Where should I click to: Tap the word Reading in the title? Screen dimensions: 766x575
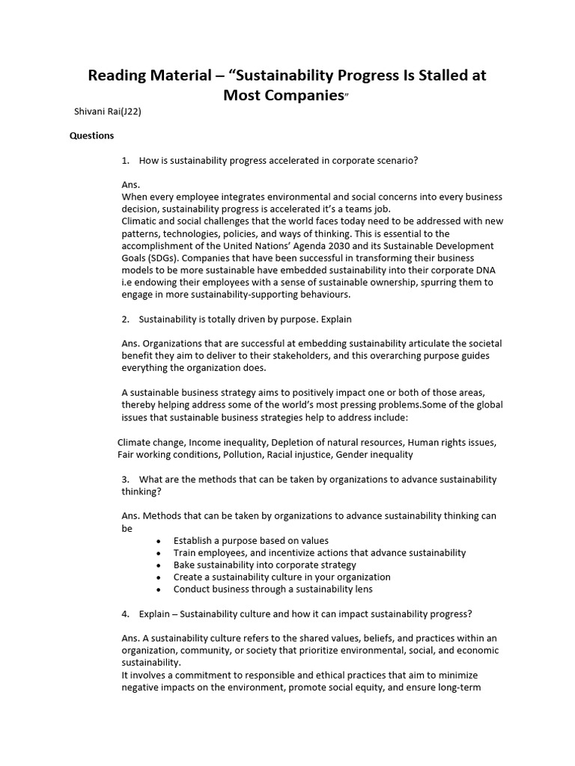(117, 76)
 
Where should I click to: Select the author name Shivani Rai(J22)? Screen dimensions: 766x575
(108, 111)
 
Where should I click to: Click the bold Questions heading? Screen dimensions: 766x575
(92, 135)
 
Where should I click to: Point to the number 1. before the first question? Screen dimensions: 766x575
(125, 160)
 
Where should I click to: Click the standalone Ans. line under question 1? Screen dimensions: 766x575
(130, 184)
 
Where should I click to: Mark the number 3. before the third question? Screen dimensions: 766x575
(125, 479)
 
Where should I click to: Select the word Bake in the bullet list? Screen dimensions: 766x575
(184, 565)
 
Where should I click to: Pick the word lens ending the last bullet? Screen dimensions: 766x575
(363, 589)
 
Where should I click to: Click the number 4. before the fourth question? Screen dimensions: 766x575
(125, 614)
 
